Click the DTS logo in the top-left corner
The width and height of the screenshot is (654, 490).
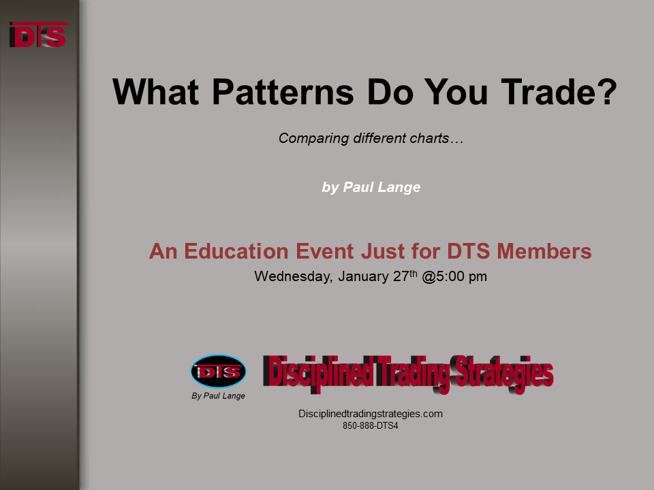(38, 35)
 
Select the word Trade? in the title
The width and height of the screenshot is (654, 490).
(559, 91)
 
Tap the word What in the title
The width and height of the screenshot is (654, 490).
(155, 92)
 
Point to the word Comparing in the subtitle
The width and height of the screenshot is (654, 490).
(313, 138)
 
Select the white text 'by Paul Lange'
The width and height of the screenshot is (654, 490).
(371, 188)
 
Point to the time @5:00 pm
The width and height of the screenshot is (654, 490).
(454, 277)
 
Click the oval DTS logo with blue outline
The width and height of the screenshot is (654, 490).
(219, 372)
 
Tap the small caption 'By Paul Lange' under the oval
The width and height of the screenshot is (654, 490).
(218, 396)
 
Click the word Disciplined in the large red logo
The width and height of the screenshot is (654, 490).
(318, 372)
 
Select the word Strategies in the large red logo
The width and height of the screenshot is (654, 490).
(503, 374)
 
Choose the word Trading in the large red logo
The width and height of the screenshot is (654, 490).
(413, 374)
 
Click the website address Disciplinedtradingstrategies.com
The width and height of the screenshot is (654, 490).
(371, 414)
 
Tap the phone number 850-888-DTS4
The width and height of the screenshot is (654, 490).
(371, 426)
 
